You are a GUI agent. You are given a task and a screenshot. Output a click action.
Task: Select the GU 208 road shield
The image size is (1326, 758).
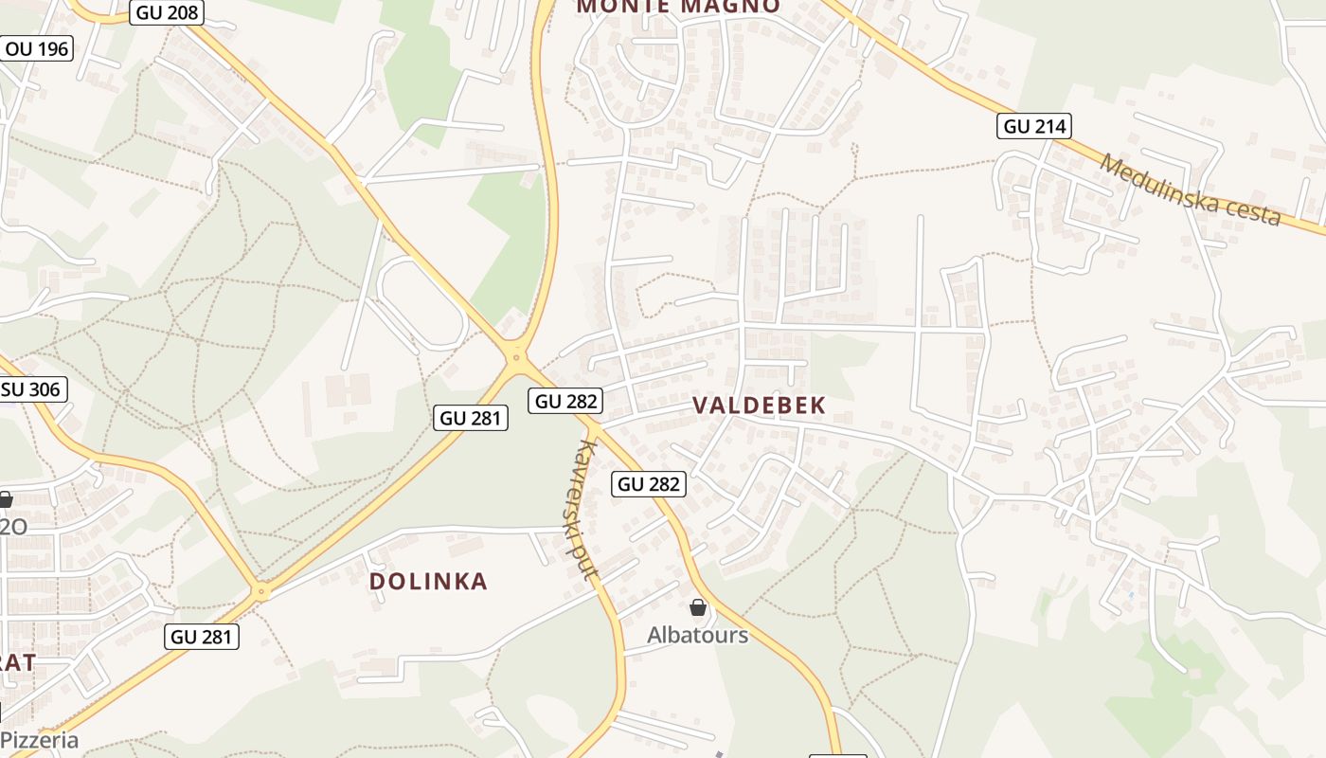pos(167,11)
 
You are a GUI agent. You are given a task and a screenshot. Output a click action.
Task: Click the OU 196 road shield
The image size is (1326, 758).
pos(37,47)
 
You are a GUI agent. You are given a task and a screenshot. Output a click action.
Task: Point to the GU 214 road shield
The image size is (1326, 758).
pos(1034,126)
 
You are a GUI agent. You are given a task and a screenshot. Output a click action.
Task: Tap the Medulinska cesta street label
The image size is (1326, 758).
pos(1191,189)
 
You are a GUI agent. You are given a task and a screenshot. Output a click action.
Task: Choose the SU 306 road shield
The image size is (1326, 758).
pos(31,388)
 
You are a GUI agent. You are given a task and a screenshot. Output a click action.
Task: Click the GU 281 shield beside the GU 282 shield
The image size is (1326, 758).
pos(471,418)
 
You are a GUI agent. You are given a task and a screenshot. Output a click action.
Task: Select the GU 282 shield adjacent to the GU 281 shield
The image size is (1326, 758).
pos(566,401)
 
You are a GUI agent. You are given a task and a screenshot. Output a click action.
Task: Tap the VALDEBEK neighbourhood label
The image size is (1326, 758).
pos(760,406)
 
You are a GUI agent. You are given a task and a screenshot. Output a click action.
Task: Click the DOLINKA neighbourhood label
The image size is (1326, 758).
pos(428,582)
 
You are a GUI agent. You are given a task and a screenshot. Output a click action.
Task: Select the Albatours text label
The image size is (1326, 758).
pos(697,635)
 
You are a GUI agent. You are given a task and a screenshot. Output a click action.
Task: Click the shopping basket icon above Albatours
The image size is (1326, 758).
pos(698,607)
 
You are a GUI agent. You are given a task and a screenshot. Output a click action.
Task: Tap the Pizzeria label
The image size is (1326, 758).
pos(40,740)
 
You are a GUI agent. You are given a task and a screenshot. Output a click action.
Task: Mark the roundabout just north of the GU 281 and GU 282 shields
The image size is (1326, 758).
pos(516,357)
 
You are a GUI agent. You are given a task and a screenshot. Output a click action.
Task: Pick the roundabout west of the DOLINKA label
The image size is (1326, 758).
pos(262,592)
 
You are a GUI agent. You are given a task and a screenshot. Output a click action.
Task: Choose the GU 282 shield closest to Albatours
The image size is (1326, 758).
pos(649,484)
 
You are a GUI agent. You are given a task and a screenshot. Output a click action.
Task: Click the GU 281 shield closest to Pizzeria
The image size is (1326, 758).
pos(202,637)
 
